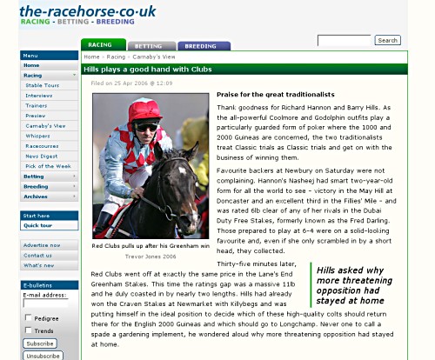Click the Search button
[x=387, y=40]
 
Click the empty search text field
[x=344, y=40]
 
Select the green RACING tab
[x=102, y=45]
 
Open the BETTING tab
[x=150, y=45]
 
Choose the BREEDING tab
[x=203, y=45]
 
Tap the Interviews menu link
[x=39, y=96]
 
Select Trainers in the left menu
[x=37, y=105]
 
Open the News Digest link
[x=41, y=156]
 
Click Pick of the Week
[x=48, y=165]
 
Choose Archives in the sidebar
[x=37, y=197]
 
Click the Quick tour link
[x=39, y=225]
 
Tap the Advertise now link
[x=43, y=245]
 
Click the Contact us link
[x=38, y=255]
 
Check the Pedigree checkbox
[x=28, y=318]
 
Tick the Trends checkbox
[x=28, y=330]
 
